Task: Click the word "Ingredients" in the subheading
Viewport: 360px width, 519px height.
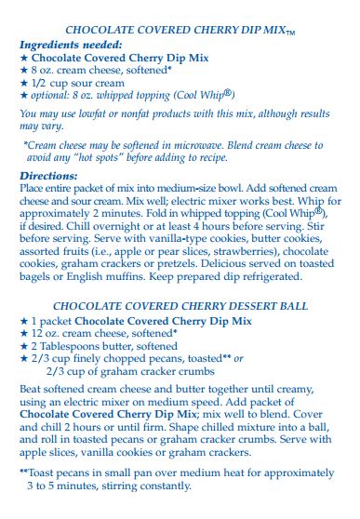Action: pyautogui.click(x=51, y=44)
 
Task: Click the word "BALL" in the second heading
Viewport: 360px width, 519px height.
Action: pyautogui.click(x=292, y=305)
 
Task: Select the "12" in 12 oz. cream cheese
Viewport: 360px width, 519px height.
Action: pyautogui.click(x=39, y=333)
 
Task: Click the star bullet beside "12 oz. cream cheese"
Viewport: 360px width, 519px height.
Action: pyautogui.click(x=24, y=333)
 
